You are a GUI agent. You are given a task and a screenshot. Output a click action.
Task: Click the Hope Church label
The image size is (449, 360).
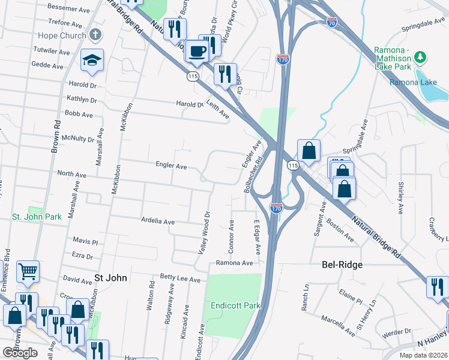[x=61, y=35]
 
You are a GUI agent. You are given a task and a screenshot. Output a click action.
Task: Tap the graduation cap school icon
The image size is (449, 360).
[x=93, y=60]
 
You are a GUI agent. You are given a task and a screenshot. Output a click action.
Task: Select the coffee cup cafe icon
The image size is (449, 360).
[x=196, y=51]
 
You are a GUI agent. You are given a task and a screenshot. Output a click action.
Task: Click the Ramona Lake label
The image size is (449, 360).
[x=408, y=82]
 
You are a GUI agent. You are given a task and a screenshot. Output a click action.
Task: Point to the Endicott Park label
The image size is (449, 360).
[x=236, y=305]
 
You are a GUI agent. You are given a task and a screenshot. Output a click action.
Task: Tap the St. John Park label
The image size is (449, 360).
[x=37, y=216]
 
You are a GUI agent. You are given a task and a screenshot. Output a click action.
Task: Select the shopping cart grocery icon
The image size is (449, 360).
[x=28, y=272]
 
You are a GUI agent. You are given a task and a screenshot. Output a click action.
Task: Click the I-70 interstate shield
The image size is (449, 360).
[x=332, y=23]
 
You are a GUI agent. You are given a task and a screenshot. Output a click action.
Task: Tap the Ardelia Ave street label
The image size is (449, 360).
[x=157, y=221]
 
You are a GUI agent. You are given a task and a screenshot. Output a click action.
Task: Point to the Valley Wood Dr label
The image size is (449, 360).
[x=203, y=232]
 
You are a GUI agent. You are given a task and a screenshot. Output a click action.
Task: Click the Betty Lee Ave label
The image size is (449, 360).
[x=179, y=278]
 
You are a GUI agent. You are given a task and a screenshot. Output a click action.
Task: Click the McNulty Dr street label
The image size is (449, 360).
[x=78, y=139]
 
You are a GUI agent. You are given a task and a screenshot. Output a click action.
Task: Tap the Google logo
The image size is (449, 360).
[x=20, y=353]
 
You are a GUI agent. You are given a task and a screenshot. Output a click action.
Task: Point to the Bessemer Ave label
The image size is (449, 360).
[x=68, y=8]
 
